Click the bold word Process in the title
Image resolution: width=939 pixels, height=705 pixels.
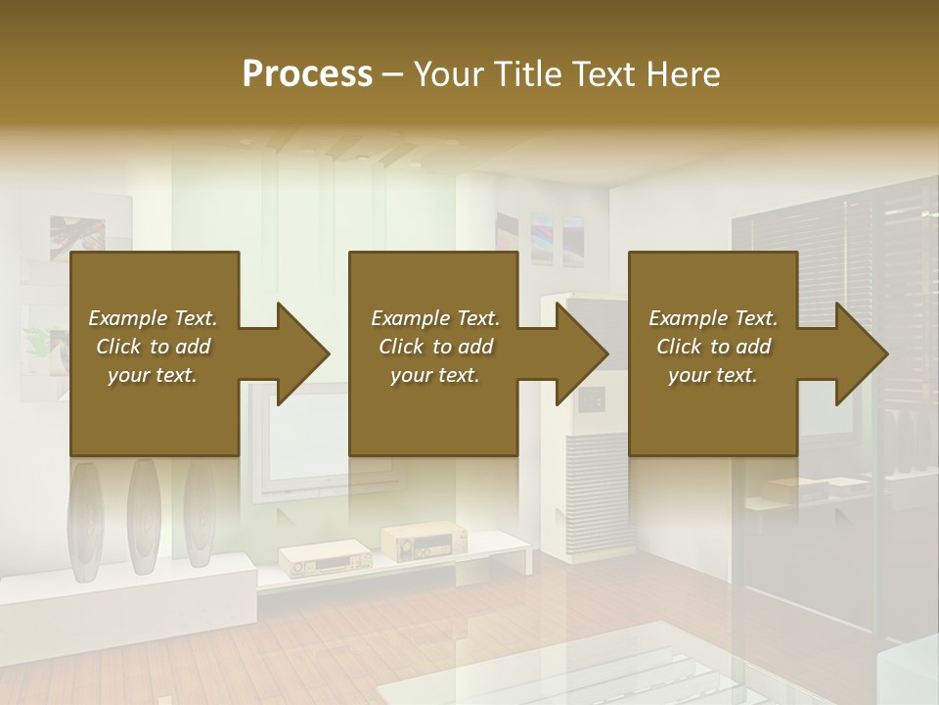click(x=307, y=73)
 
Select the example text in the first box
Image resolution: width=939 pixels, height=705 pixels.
click(x=153, y=347)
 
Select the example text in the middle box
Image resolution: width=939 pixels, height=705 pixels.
click(x=435, y=347)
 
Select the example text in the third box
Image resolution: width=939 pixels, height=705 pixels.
click(x=713, y=347)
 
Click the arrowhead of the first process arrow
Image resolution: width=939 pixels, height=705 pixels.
click(x=303, y=353)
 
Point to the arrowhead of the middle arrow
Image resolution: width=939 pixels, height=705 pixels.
click(x=582, y=353)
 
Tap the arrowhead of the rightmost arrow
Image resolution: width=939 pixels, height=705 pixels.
click(x=862, y=353)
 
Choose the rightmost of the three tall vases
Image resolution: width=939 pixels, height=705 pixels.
click(x=199, y=514)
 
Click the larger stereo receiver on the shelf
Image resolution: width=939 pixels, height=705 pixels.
click(x=424, y=541)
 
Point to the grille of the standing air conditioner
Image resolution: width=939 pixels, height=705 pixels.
click(x=598, y=470)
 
